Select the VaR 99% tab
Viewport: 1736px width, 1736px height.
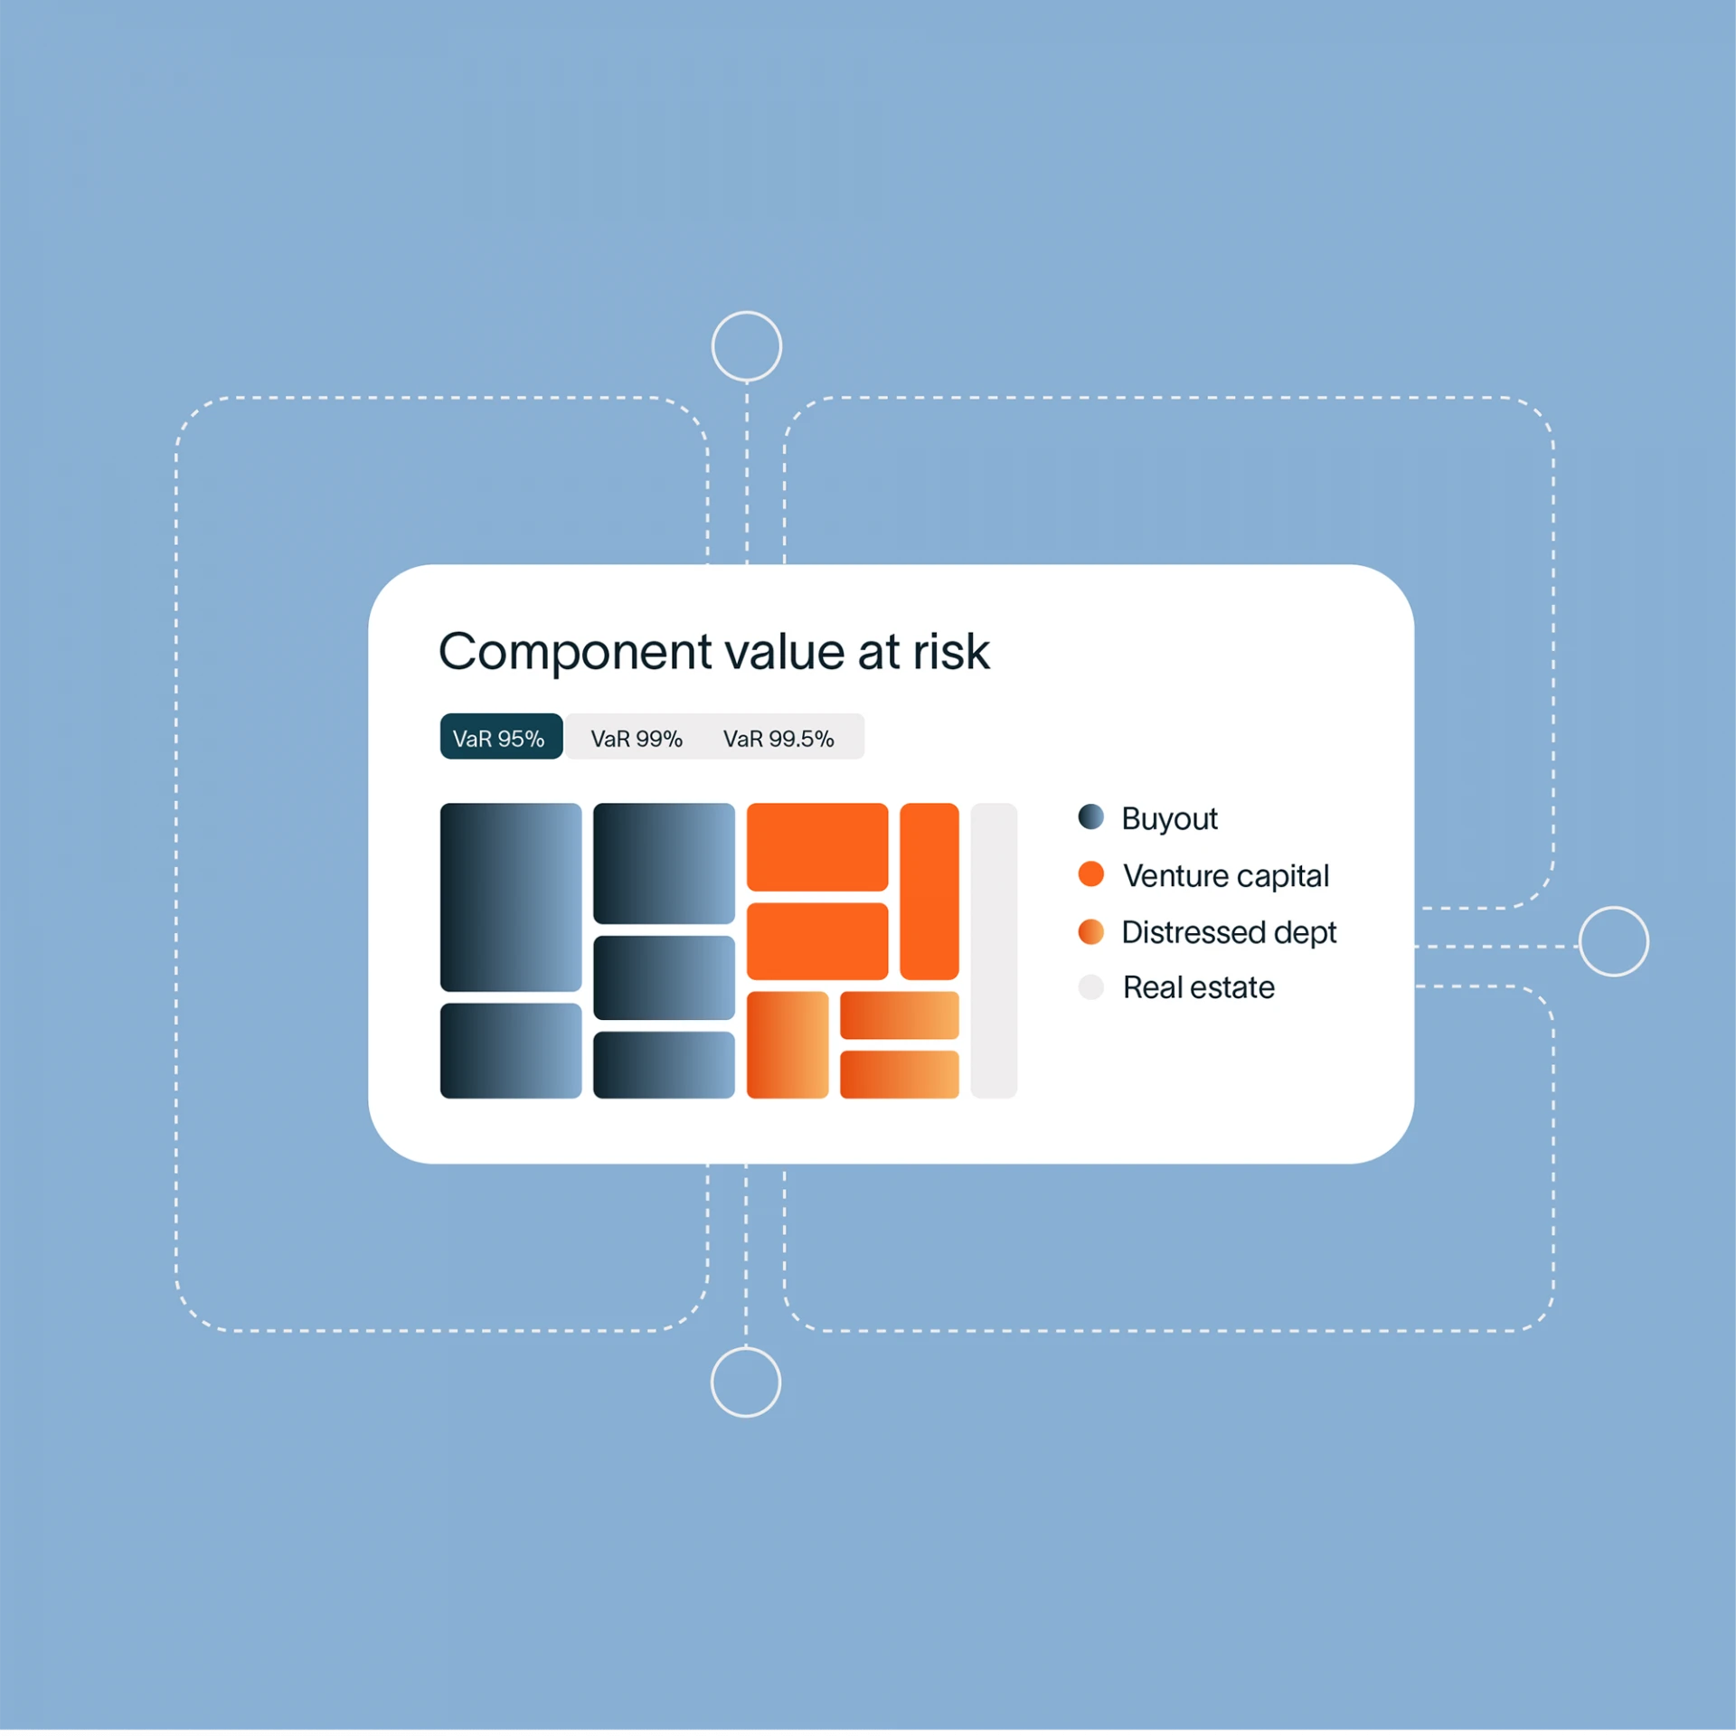click(637, 739)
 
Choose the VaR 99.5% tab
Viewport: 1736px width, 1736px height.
click(778, 739)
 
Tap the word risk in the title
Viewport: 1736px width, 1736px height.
click(951, 651)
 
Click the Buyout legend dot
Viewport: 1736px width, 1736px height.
click(1091, 817)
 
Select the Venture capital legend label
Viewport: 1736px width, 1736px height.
click(1226, 875)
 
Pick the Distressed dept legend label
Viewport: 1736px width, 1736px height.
click(1229, 932)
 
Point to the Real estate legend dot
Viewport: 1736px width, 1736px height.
click(1091, 987)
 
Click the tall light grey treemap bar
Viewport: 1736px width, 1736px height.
click(994, 951)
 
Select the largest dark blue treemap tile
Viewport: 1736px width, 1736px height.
click(511, 898)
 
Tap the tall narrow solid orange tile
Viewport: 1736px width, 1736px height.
click(929, 892)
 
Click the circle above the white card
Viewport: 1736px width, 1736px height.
click(747, 346)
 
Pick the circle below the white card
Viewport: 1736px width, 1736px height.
click(746, 1382)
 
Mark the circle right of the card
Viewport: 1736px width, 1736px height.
click(1614, 941)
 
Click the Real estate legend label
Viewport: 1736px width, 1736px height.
click(1199, 987)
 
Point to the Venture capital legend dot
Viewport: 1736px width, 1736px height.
click(1091, 874)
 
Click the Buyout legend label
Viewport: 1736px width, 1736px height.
click(1169, 819)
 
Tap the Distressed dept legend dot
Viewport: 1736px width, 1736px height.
click(1091, 932)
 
